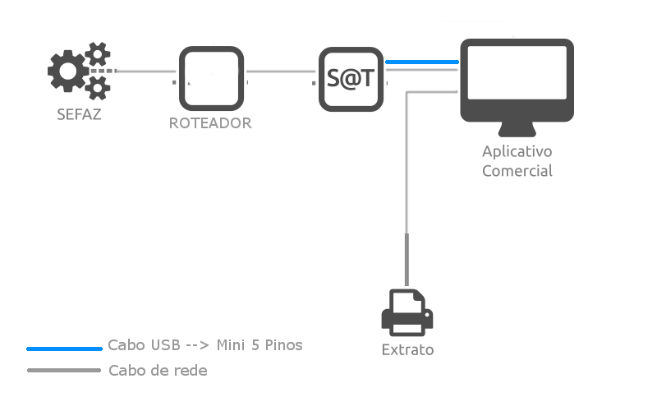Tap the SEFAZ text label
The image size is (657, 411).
79,115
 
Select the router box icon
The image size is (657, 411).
212,78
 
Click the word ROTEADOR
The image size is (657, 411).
210,123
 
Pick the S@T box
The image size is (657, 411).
351,79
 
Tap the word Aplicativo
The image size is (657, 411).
517,152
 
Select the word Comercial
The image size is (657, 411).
517,171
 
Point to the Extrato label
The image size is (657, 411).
407,350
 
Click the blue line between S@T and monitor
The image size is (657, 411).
421,62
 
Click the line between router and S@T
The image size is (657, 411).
282,72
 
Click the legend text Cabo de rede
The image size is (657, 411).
158,371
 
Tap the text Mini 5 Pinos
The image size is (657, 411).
262,345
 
